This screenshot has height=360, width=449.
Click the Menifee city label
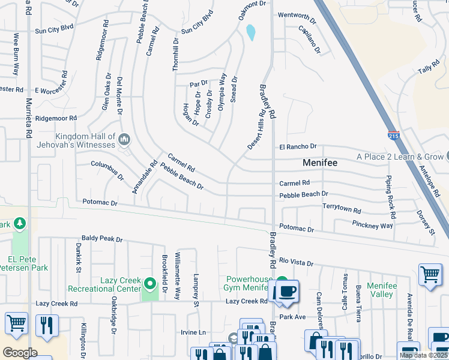319,163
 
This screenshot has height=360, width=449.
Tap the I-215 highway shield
394,137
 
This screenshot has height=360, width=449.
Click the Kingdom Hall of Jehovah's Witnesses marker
124,140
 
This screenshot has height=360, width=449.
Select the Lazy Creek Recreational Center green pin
149,281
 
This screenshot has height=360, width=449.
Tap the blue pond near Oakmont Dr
250,32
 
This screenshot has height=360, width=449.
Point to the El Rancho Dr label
297,146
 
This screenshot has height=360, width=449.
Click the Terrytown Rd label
342,211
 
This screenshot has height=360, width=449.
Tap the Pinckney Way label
372,226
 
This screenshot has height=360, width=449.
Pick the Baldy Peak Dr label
102,239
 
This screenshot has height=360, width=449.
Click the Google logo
19,352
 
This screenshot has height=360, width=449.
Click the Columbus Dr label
107,170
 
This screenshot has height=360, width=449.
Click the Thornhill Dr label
176,55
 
